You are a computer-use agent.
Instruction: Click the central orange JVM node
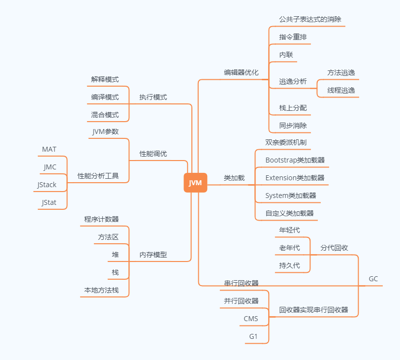click(195, 183)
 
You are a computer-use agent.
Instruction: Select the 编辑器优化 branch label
click(241, 72)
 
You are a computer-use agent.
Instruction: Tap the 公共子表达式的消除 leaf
click(310, 19)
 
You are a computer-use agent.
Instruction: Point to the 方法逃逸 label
click(341, 72)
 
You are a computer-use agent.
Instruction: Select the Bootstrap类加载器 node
click(295, 160)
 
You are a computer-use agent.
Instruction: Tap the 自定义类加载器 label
click(289, 213)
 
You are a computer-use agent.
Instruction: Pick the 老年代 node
click(289, 248)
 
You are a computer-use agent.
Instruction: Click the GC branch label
click(373, 279)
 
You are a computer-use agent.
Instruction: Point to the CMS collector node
click(251, 319)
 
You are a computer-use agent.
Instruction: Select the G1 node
click(253, 336)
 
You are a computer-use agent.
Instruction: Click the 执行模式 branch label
click(153, 97)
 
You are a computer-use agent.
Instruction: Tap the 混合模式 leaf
click(105, 115)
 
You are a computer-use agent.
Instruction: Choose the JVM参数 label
click(105, 131)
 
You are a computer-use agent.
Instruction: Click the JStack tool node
click(47, 185)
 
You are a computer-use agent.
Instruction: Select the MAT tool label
click(49, 149)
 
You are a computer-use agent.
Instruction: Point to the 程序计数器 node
click(101, 219)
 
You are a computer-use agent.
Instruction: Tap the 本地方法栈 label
click(101, 290)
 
